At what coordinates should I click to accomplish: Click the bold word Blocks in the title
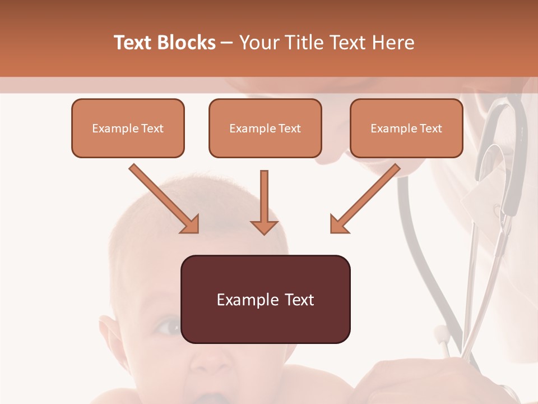coord(187,43)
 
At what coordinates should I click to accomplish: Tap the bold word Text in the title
coord(134,43)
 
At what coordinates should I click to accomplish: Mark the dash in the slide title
coord(227,43)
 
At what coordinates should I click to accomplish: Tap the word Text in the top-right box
coord(431,128)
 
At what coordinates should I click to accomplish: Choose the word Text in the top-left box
coord(152,128)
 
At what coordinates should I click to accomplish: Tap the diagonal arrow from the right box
coord(365,199)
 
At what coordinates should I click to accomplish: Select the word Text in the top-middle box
coord(290,128)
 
